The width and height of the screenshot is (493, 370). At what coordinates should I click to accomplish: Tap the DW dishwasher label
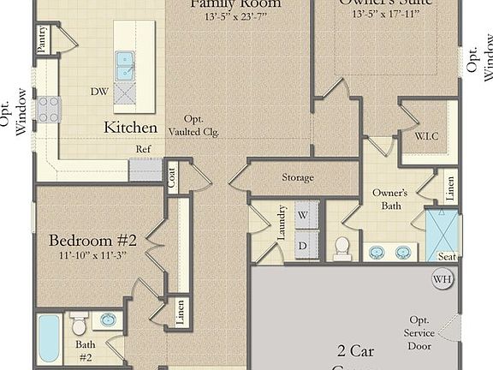pyautogui.click(x=98, y=90)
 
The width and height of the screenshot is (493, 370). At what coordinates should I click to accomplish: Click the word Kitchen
pyautogui.click(x=130, y=128)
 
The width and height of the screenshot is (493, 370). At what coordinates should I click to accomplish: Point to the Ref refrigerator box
pyautogui.click(x=145, y=168)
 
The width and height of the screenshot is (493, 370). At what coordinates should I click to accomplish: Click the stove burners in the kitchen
pyautogui.click(x=48, y=109)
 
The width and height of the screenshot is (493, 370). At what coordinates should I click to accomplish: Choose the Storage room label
pyautogui.click(x=298, y=178)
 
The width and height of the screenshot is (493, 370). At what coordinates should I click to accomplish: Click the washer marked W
pyautogui.click(x=302, y=215)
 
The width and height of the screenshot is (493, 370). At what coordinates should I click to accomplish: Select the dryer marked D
pyautogui.click(x=302, y=246)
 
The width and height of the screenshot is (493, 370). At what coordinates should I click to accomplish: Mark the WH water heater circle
pyautogui.click(x=442, y=279)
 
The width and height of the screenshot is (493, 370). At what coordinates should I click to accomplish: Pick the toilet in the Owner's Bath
pyautogui.click(x=342, y=248)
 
